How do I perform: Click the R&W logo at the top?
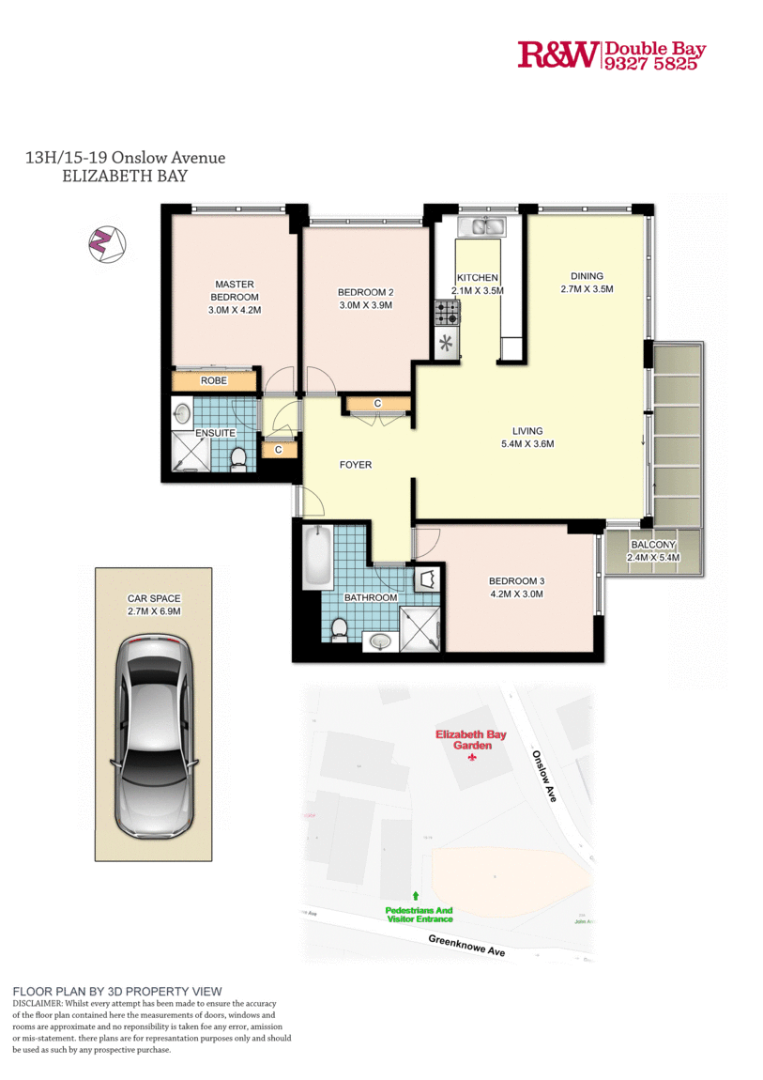point(557,55)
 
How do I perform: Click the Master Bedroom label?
point(234,290)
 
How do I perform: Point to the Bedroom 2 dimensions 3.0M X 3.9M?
point(365,305)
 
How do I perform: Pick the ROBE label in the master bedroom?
point(213,381)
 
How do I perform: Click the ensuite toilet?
point(238,457)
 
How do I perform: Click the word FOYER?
point(356,465)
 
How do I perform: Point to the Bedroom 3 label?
point(516,580)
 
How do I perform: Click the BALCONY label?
point(653,546)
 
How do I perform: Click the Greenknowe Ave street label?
point(466,946)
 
